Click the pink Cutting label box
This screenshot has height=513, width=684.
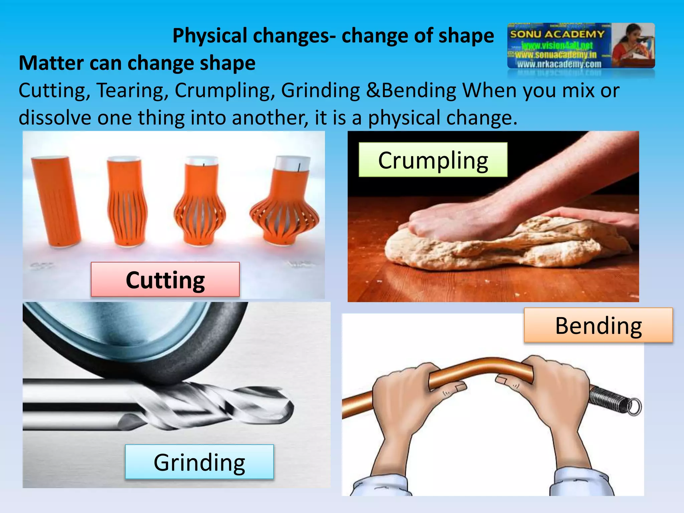pos(165,280)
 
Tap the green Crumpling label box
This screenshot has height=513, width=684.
pos(433,160)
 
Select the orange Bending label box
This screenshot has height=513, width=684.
pos(598,325)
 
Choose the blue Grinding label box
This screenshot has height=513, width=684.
pos(199,462)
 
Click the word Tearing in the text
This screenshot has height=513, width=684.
pos(132,91)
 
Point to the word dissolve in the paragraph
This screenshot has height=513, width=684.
pos(55,118)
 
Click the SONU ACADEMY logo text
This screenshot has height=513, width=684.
pos(557,34)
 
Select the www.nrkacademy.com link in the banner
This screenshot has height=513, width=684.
pos(559,64)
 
